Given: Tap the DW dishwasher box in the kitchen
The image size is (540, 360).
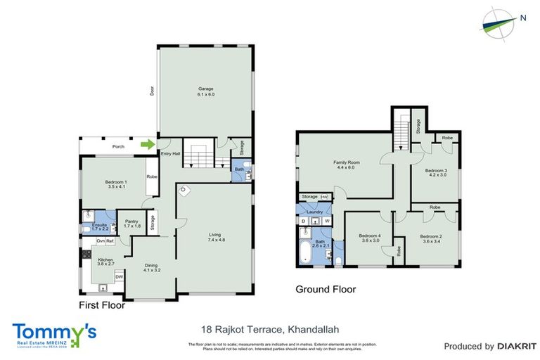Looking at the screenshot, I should click(x=119, y=276).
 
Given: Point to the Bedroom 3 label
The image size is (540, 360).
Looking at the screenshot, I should click(x=436, y=172).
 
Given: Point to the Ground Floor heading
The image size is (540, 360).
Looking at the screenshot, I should click(x=325, y=289).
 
